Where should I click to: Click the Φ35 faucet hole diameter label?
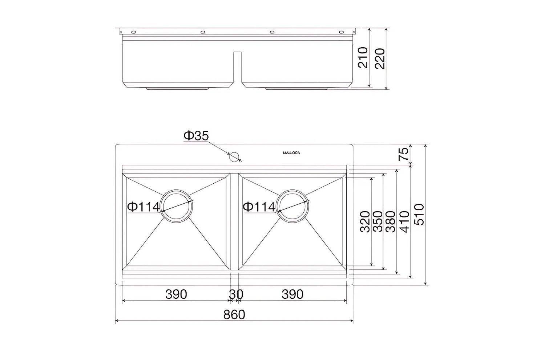(196, 136)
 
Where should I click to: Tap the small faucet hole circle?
(234, 156)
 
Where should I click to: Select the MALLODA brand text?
(291, 153)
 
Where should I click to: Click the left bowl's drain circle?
(177, 206)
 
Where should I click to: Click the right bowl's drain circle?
(292, 206)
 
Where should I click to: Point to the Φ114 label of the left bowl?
(143, 207)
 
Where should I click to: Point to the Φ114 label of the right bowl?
(259, 207)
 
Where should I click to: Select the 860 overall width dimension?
(234, 314)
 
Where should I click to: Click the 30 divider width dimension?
(236, 294)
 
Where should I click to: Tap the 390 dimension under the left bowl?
(176, 294)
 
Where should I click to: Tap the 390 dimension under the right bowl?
(292, 294)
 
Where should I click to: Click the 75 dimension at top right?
(404, 155)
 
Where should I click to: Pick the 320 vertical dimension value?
(365, 221)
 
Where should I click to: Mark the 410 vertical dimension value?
(404, 221)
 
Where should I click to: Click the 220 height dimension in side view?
(380, 58)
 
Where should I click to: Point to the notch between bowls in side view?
(237, 67)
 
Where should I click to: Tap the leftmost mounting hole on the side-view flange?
(133, 32)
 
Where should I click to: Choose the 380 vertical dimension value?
(391, 221)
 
